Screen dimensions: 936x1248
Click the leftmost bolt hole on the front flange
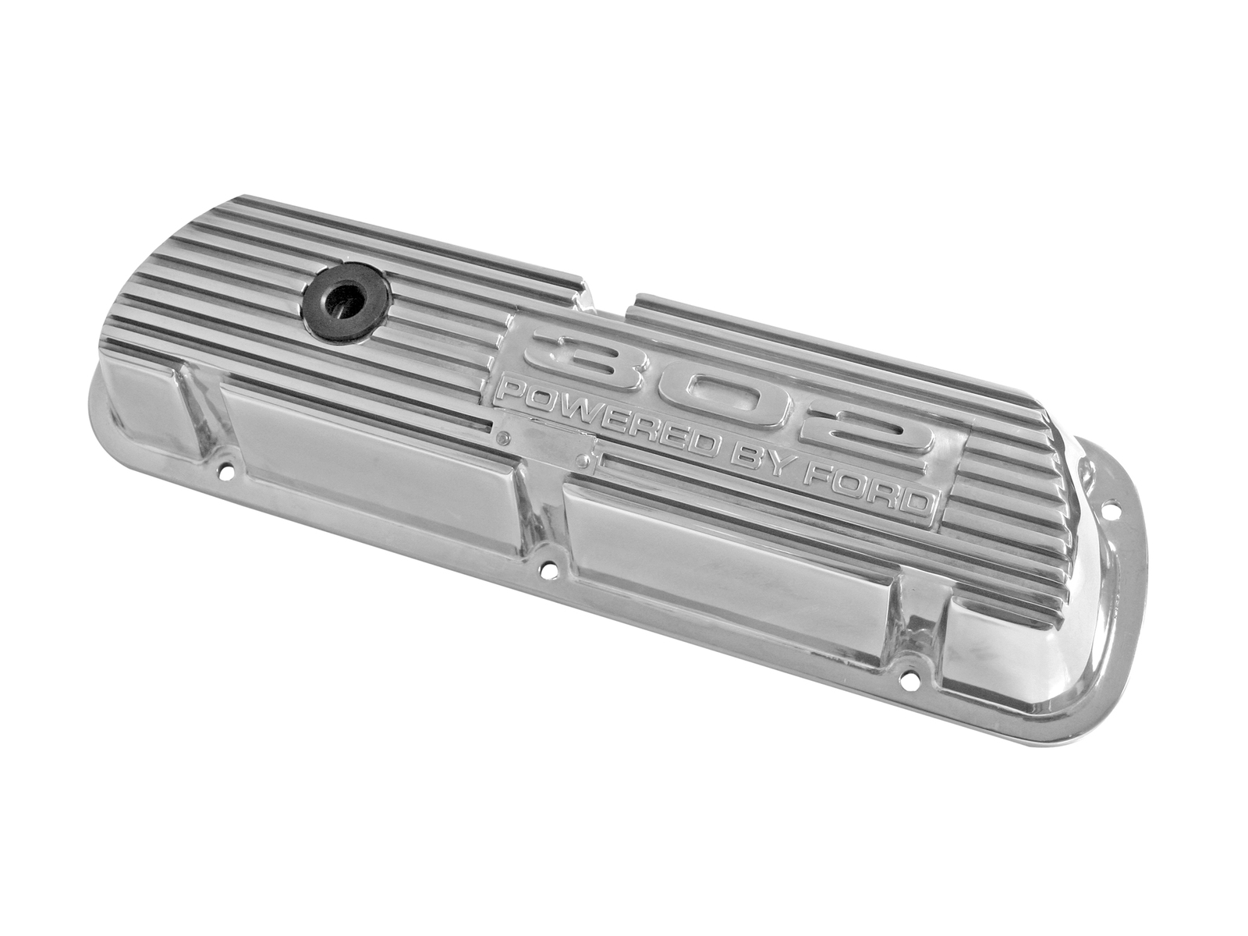(x=227, y=471)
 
